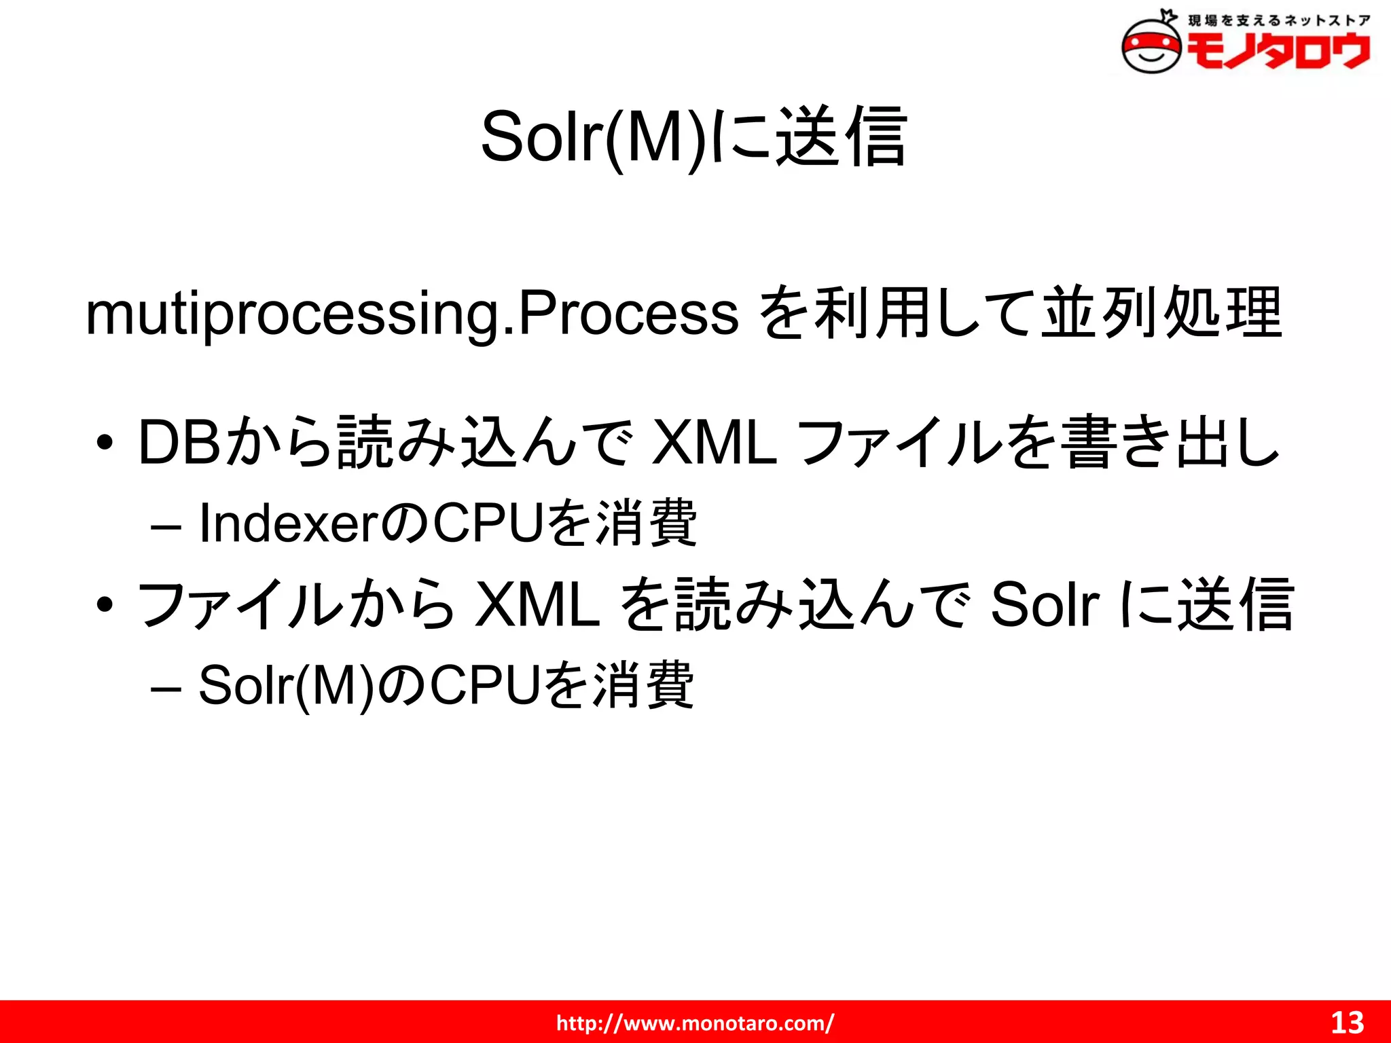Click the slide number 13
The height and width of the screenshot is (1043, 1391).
coord(1347,1023)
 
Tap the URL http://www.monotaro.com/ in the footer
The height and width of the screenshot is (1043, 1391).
coord(695,1023)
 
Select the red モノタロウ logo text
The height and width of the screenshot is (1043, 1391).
coord(1278,51)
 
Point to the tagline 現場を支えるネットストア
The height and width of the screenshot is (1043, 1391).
coord(1278,20)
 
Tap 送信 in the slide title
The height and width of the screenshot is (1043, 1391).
coord(841,137)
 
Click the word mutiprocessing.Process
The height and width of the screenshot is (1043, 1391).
coord(412,314)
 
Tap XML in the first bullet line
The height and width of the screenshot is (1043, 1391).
coord(714,443)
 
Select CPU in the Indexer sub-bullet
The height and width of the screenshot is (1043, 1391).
coord(488,524)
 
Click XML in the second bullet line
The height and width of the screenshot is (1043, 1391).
coord(537,604)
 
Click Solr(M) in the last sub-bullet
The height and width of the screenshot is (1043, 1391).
coord(286,686)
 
